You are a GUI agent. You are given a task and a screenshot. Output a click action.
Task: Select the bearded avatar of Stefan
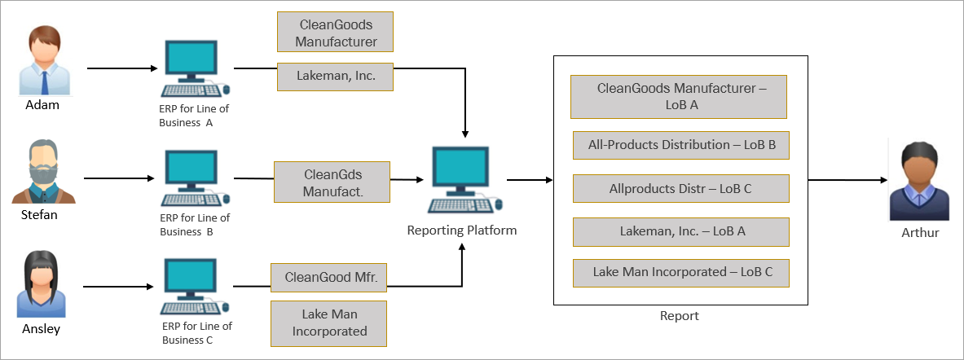[x=44, y=171]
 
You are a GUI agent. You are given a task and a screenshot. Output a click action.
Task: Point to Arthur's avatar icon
[x=915, y=182]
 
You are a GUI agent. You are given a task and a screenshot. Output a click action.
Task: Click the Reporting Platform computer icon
[x=464, y=180]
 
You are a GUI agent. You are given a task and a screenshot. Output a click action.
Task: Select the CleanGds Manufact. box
[x=332, y=182]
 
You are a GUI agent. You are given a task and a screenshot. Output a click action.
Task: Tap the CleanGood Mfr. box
[x=329, y=278]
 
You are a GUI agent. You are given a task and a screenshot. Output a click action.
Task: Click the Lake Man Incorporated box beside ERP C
[x=329, y=323]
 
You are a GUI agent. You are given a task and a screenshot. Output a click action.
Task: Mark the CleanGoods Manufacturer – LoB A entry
[x=679, y=96]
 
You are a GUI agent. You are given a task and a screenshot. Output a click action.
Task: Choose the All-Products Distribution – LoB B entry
[x=681, y=146]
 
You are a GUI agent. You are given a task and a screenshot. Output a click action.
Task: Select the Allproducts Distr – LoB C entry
[x=681, y=189]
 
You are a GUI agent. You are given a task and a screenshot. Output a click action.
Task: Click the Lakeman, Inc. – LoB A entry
[x=681, y=231]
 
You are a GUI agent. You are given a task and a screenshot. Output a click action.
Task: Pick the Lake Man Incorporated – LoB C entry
[x=681, y=273]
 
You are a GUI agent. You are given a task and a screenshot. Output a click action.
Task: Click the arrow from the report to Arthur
[x=848, y=181]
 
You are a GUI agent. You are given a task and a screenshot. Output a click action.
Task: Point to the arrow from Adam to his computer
[x=123, y=68]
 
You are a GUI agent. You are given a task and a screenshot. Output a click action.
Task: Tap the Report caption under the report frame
[x=680, y=316]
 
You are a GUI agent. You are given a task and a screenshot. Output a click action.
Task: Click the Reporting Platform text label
[x=462, y=231]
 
